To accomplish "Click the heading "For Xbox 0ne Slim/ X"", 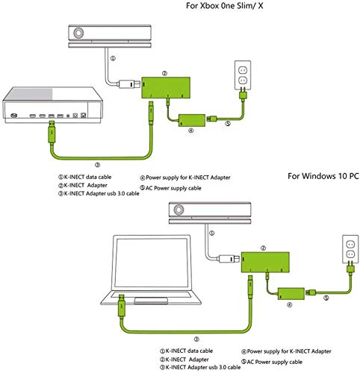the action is pos(224,6).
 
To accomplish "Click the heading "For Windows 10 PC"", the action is pos(323,176).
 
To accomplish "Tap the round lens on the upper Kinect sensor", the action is pos(78,34).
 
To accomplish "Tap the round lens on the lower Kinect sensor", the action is pos(179,210).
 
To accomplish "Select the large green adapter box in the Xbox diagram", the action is pos(166,87).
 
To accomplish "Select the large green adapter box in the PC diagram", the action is pos(265,262).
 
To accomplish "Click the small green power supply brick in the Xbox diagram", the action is pos(192,120).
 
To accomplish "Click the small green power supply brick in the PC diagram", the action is pos(291,294).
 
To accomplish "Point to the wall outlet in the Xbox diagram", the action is pos(243,75).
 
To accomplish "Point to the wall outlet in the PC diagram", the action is pos(350,249).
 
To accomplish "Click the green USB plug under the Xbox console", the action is pos(52,132).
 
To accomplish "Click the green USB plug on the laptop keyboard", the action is pos(122,306).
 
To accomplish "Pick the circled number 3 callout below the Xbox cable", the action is pos(97,164).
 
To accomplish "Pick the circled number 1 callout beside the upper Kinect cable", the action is pos(113,58).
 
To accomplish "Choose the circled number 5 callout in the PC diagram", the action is pos(326,298).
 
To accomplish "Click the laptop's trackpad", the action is pos(151,300).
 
